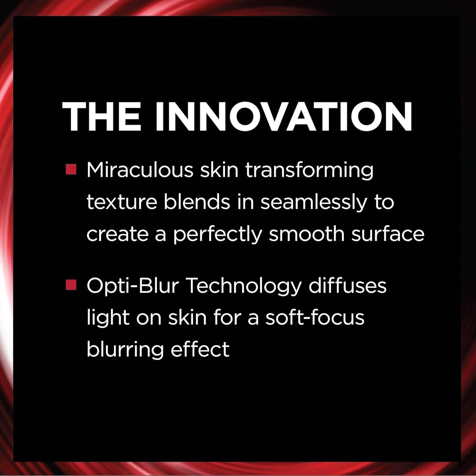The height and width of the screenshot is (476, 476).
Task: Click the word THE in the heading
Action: coord(102,116)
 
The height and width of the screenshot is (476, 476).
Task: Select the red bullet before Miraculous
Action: coord(71,169)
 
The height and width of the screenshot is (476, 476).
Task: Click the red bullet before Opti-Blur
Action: coord(71,285)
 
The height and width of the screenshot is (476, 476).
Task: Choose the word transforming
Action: coord(309,170)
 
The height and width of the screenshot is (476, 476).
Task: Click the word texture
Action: coord(122,202)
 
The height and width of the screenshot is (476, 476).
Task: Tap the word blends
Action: coord(197,202)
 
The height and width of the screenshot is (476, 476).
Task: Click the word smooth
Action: coord(307,234)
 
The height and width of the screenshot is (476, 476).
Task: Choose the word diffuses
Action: coord(347,285)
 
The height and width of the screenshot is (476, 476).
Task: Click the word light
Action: coord(108,318)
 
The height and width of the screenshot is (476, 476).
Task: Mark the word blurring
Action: coord(125,350)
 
